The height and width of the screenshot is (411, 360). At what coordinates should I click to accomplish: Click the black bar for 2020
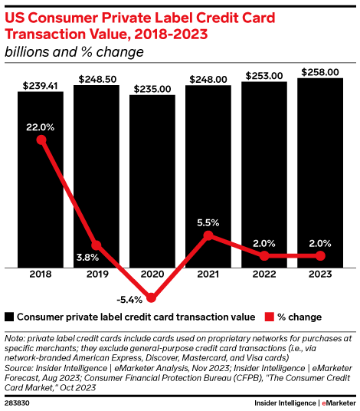pyautogui.click(x=152, y=181)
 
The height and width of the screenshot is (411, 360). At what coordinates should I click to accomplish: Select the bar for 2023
pyautogui.click(x=320, y=173)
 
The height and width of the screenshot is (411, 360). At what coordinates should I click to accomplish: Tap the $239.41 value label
pyautogui.click(x=41, y=86)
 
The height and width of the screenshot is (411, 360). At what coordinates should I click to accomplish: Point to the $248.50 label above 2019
pyautogui.click(x=97, y=79)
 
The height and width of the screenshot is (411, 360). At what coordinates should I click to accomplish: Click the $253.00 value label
pyautogui.click(x=264, y=76)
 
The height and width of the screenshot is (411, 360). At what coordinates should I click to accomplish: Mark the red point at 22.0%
pyautogui.click(x=41, y=140)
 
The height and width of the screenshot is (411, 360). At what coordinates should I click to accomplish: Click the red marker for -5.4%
pyautogui.click(x=152, y=298)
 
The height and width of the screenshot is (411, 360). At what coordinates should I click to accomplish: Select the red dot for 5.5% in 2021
pyautogui.click(x=208, y=235)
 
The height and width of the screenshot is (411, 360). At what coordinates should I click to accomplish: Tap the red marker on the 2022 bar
pyautogui.click(x=264, y=256)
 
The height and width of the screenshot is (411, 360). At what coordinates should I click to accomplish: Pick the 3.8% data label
pyautogui.click(x=87, y=258)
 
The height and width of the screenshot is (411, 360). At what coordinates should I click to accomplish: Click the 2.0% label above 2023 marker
pyautogui.click(x=320, y=244)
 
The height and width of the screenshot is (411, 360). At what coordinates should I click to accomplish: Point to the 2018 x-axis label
pyautogui.click(x=41, y=275)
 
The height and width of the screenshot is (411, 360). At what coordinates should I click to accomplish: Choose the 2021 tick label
pyautogui.click(x=208, y=275)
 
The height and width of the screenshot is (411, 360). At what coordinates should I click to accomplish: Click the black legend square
pyautogui.click(x=9, y=317)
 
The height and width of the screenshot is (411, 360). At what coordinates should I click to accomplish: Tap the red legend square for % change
pyautogui.click(x=269, y=317)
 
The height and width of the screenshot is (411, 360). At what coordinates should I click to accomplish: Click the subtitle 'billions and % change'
pyautogui.click(x=74, y=52)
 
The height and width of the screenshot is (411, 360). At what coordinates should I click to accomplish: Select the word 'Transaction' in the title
pyautogui.click(x=45, y=35)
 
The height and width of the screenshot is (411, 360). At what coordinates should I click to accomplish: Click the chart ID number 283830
pyautogui.click(x=17, y=403)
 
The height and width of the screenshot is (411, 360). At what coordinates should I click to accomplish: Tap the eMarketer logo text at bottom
pyautogui.click(x=339, y=403)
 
